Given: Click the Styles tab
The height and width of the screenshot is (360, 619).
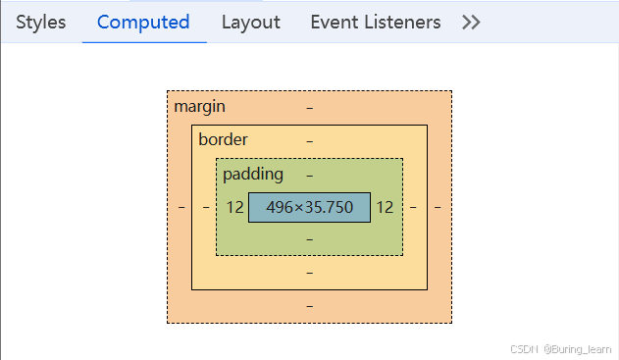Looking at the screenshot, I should pos(41,22).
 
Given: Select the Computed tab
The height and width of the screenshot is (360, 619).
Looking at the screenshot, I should pos(143,22).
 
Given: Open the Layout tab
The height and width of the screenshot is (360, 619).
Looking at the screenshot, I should pos(250,22).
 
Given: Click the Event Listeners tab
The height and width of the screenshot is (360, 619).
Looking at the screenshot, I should pos(375,22).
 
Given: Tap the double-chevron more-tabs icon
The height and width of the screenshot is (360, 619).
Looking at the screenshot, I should pos(471,22).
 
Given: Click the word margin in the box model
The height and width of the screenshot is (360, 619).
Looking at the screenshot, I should pos(199,106).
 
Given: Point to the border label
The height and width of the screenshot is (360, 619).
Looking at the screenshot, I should pos(223,139).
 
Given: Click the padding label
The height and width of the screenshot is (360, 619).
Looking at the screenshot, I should pos(252,174).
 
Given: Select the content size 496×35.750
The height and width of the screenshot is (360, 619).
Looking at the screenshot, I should pos(309,207).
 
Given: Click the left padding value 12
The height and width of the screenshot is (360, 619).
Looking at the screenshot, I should pos(234,207).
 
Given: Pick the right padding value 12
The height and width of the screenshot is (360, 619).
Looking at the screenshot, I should pos(385,207).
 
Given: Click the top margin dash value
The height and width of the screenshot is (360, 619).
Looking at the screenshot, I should pos(310,106).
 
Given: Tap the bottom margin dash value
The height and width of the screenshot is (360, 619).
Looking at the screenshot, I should pos(310,306).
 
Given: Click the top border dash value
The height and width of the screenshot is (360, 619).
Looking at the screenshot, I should pos(310,140).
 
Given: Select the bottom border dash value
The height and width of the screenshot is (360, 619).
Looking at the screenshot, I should pos(310,272).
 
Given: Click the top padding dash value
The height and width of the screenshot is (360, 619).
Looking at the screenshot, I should pos(310,175).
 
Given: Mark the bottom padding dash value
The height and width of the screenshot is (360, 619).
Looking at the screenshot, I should pos(310,238).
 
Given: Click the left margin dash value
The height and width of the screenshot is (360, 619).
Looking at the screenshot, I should pos(181,207).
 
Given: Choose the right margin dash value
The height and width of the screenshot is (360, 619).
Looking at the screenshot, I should pos(438,207).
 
